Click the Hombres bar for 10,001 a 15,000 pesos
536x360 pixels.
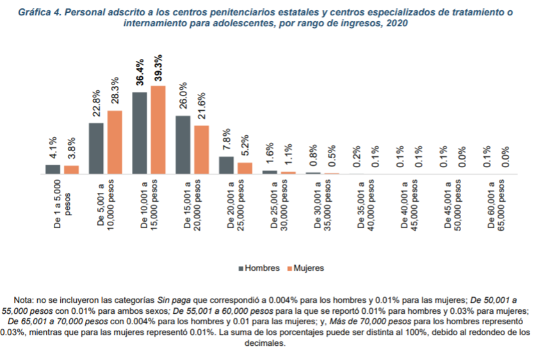coord(140,133)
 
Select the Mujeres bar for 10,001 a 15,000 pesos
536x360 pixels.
coord(158,130)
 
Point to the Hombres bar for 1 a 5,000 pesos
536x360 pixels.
coord(53,170)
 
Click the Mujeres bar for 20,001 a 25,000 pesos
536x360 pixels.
coord(245,168)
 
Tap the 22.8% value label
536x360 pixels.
coord(97,102)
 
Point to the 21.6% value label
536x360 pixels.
coord(201,108)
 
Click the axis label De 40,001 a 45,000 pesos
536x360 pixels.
coord(409,208)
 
